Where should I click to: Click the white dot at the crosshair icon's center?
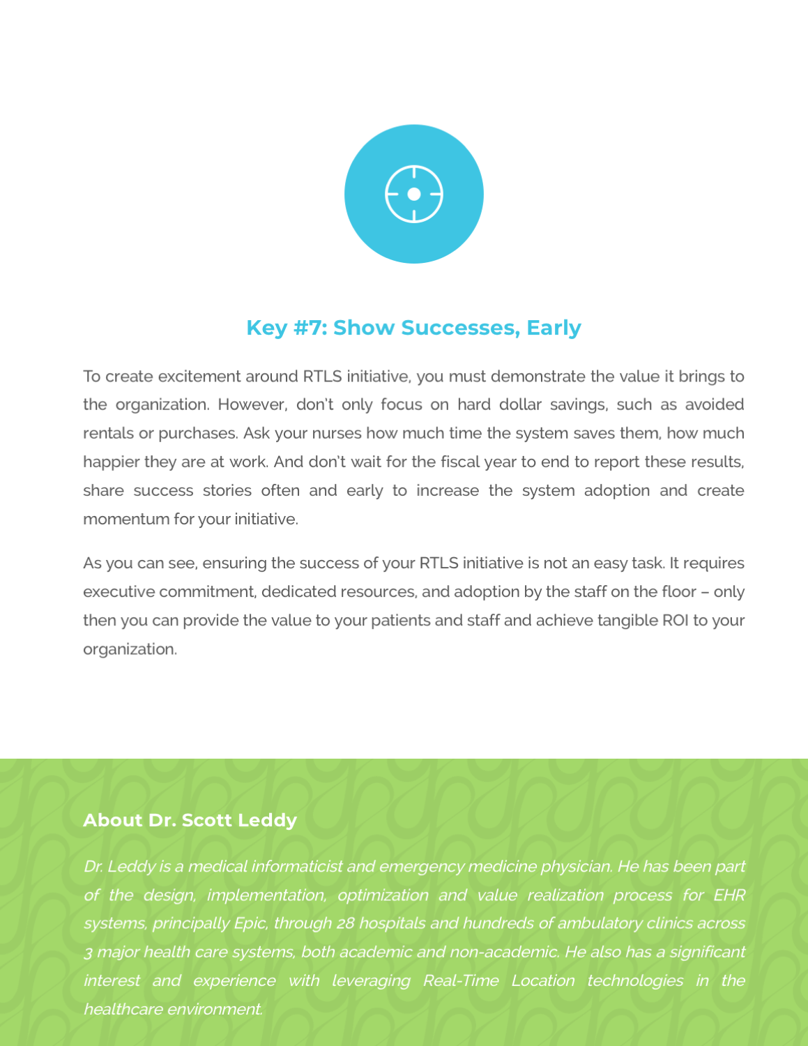pos(413,194)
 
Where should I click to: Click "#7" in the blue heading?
pos(310,328)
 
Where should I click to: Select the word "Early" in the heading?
pos(554,328)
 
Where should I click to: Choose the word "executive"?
pos(119,592)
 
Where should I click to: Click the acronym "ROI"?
pos(675,621)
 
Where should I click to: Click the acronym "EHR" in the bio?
pos(729,895)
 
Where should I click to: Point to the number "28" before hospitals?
pos(345,924)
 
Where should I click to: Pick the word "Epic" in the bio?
pos(250,924)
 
